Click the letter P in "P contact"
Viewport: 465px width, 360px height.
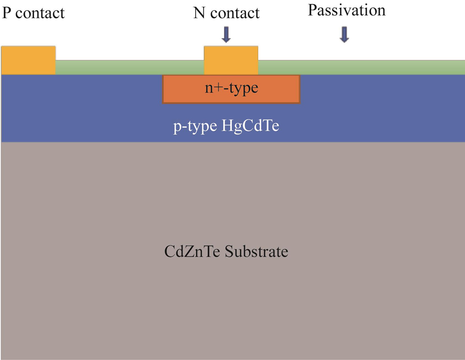point(7,13)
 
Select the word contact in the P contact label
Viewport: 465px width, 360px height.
point(40,13)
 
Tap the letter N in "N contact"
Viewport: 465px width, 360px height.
point(200,13)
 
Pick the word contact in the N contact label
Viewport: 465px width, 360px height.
point(235,13)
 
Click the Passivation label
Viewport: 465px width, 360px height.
point(347,10)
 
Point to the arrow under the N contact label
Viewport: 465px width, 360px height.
point(226,35)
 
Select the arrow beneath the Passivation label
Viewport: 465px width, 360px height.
point(344,35)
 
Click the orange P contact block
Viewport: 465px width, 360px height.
point(28,60)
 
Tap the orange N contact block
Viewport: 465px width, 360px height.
point(231,60)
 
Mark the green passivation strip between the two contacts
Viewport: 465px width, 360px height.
point(130,67)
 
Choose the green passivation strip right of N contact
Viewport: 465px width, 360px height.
point(362,67)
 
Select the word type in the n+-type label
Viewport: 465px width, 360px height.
point(243,89)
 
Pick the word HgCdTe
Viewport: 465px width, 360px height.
point(250,126)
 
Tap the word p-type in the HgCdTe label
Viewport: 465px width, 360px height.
point(195,127)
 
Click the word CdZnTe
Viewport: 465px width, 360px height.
point(192,252)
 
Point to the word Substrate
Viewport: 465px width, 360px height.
point(256,252)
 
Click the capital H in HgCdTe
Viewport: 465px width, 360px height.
point(227,126)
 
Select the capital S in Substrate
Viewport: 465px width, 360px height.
point(229,252)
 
